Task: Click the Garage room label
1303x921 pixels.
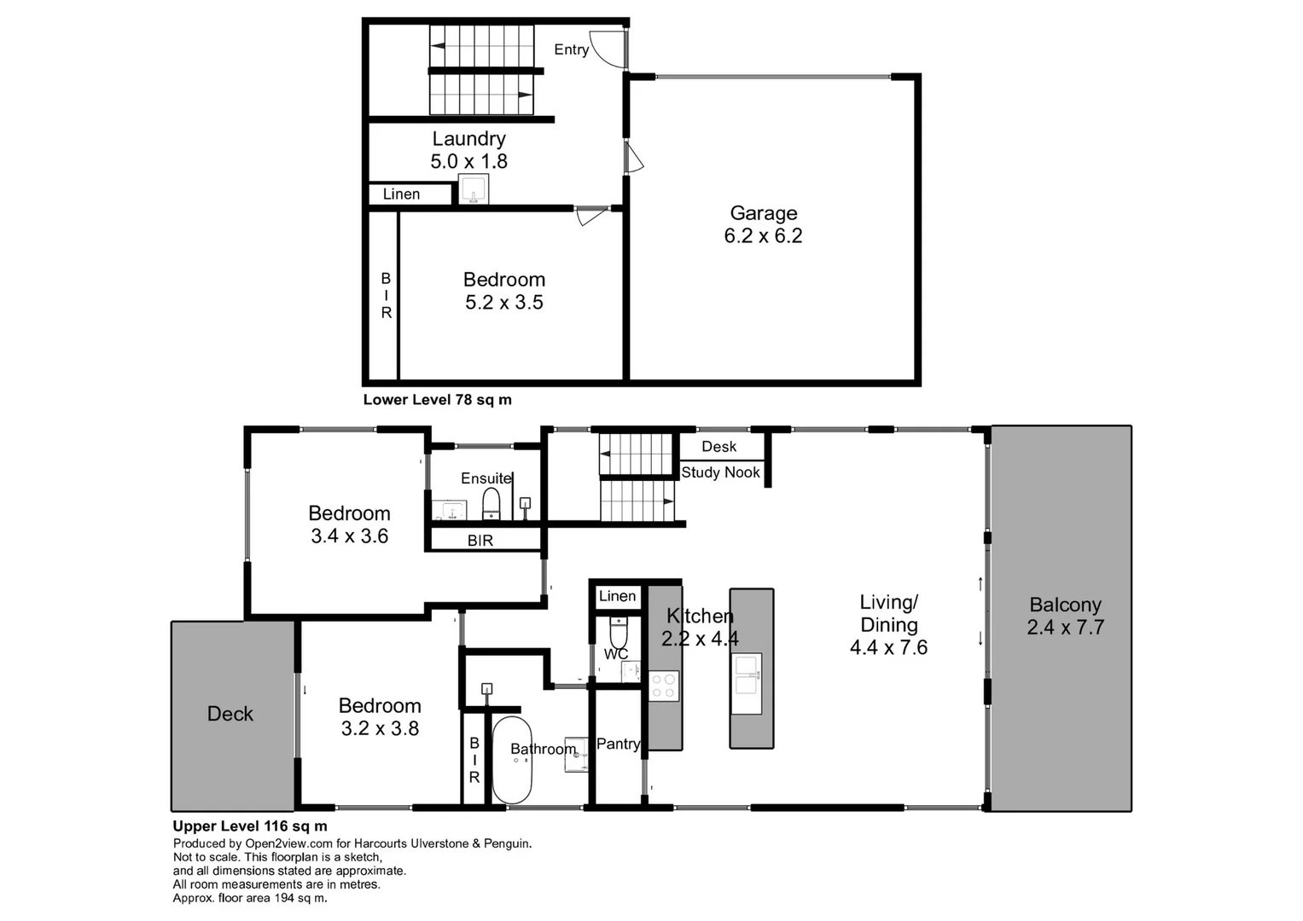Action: [763, 213]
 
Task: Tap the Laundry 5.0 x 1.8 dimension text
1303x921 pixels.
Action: [468, 161]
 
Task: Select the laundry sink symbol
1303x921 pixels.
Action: [474, 189]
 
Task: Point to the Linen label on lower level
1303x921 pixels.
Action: [401, 194]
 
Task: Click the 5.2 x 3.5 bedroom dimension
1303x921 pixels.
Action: [503, 303]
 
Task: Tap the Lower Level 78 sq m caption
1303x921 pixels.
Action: [437, 399]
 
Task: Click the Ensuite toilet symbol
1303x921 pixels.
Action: [492, 503]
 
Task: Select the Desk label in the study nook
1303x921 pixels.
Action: [718, 447]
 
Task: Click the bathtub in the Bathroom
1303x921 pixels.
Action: [512, 759]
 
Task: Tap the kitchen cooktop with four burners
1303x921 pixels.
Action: [664, 686]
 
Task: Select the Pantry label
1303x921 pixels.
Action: [618, 744]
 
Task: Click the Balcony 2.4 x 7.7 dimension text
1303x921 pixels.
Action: [1065, 628]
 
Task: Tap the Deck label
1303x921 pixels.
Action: [230, 714]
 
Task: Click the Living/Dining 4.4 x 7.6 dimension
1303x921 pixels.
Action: [888, 648]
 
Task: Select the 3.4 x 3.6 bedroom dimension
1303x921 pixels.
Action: [349, 536]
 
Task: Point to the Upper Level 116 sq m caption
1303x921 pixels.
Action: [250, 825]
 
